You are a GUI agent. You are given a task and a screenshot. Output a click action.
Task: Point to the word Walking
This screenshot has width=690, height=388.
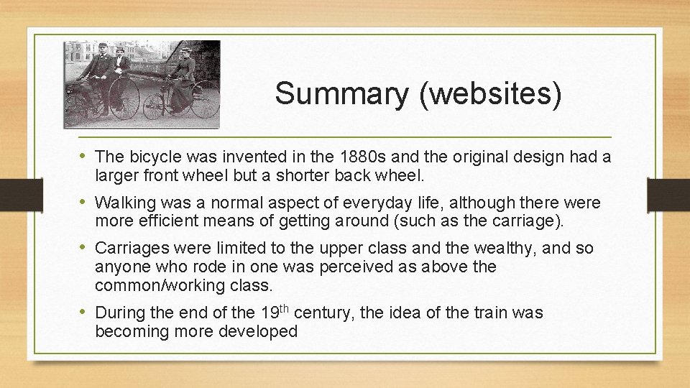tap(124, 202)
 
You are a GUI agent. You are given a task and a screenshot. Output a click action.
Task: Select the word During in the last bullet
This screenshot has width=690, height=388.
tap(119, 313)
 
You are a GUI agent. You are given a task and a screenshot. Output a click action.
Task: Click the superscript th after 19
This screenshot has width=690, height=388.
tap(284, 308)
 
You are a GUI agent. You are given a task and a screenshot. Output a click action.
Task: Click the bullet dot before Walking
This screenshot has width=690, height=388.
tap(84, 202)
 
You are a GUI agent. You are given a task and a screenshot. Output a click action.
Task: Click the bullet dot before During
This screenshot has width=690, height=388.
tap(84, 313)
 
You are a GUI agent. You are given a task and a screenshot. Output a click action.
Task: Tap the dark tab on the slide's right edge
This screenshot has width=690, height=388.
tap(668, 195)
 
